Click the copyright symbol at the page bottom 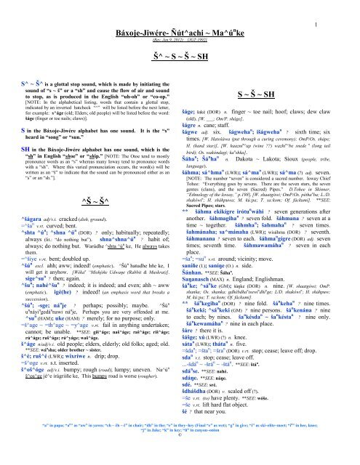pyautogui.click(x=179, y=458)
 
